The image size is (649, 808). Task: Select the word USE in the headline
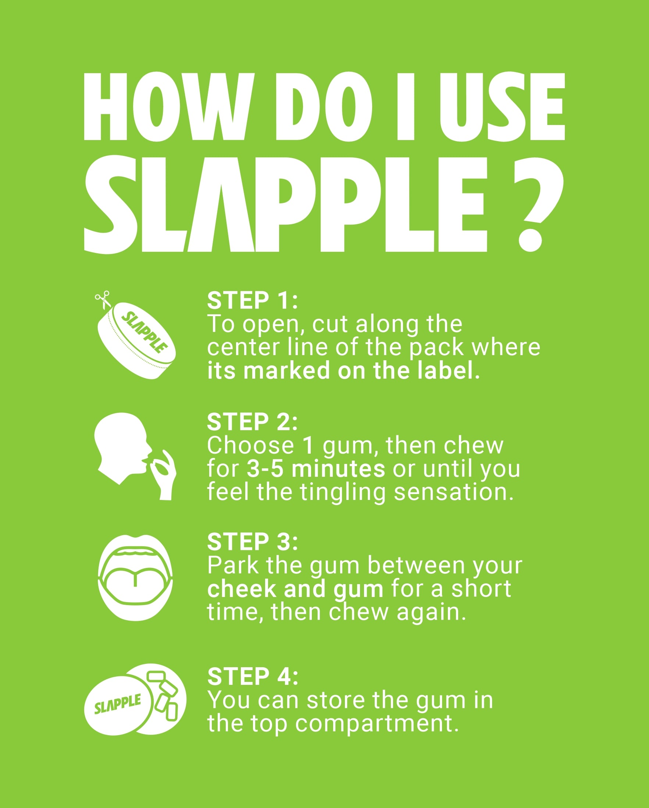502,107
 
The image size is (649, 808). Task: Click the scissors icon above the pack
103,300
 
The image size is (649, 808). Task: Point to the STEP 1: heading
252,300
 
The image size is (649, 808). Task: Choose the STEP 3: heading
252,541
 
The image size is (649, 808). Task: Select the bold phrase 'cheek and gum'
295,590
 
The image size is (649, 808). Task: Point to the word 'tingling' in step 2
343,493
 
